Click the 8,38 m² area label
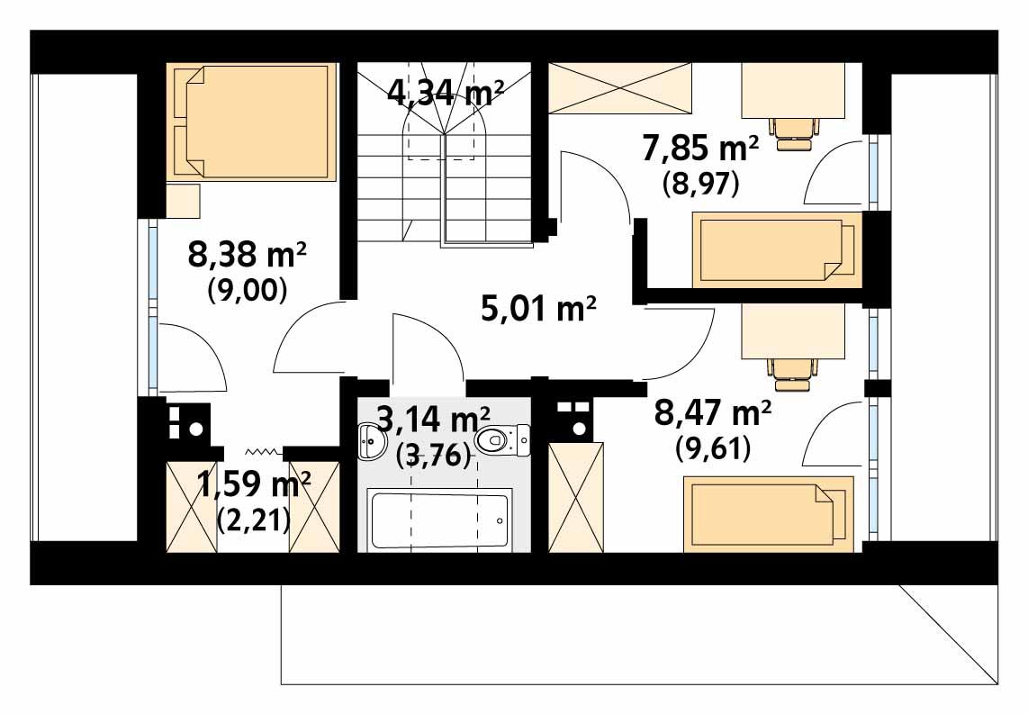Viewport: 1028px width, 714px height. pos(248,257)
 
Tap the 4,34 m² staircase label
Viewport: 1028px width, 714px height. pos(445,92)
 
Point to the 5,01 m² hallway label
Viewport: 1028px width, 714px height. pos(538,311)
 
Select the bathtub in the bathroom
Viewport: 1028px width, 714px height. pos(440,519)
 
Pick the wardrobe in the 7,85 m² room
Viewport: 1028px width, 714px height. pos(620,88)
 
